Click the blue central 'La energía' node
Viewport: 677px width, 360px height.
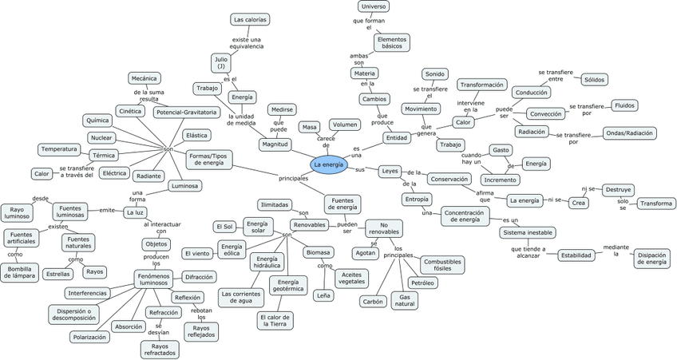click(x=329, y=164)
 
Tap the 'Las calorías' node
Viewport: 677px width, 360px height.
click(x=250, y=18)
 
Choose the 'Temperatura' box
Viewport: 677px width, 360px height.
click(x=59, y=149)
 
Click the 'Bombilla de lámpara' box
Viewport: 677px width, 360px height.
click(x=20, y=273)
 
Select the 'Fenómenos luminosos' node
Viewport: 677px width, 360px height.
click(x=156, y=279)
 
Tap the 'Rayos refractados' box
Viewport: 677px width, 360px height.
click(x=160, y=350)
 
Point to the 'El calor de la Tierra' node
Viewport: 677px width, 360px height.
click(x=275, y=320)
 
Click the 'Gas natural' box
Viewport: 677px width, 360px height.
click(x=405, y=300)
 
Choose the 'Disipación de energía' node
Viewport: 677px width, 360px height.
click(x=651, y=258)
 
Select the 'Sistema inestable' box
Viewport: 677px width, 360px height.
click(x=528, y=232)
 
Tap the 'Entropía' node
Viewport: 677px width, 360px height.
click(x=417, y=200)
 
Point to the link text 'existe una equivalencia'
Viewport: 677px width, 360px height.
click(x=247, y=42)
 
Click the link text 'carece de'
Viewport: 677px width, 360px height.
click(x=327, y=141)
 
